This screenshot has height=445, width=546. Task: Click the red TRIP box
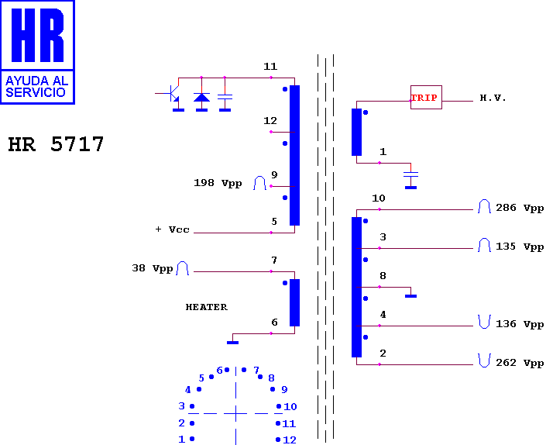tap(426, 97)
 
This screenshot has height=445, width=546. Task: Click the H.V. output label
tap(493, 98)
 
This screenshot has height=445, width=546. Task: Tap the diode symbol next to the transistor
tap(201, 97)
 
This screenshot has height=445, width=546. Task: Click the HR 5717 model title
tap(56, 144)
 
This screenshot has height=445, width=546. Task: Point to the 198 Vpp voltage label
tap(218, 183)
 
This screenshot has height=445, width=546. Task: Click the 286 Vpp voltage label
tap(520, 208)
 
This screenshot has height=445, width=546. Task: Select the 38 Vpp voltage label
tap(153, 268)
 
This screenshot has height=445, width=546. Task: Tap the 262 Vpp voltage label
tap(520, 363)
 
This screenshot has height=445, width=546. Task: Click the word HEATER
tap(207, 307)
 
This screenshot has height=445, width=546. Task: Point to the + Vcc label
tap(173, 229)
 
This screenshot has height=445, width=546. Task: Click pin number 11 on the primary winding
tap(270, 66)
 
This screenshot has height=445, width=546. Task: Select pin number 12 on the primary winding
tap(270, 121)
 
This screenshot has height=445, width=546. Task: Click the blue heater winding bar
tap(294, 302)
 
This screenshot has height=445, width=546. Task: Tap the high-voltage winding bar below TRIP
tap(356, 132)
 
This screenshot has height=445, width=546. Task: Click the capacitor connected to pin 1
tap(411, 174)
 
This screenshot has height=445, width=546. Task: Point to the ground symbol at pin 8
tap(411, 296)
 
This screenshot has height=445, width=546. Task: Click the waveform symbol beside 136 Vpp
tap(484, 321)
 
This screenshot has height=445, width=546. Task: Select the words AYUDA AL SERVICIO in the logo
tap(36, 86)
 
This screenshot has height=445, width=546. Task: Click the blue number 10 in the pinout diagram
tap(290, 407)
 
